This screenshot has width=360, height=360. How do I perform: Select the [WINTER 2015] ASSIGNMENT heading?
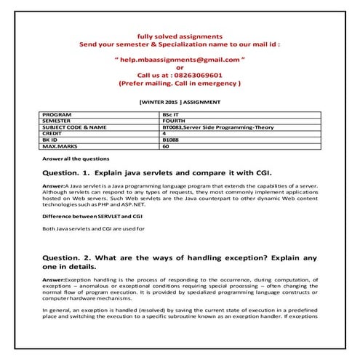[179, 103]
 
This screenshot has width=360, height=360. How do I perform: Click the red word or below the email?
[180, 67]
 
